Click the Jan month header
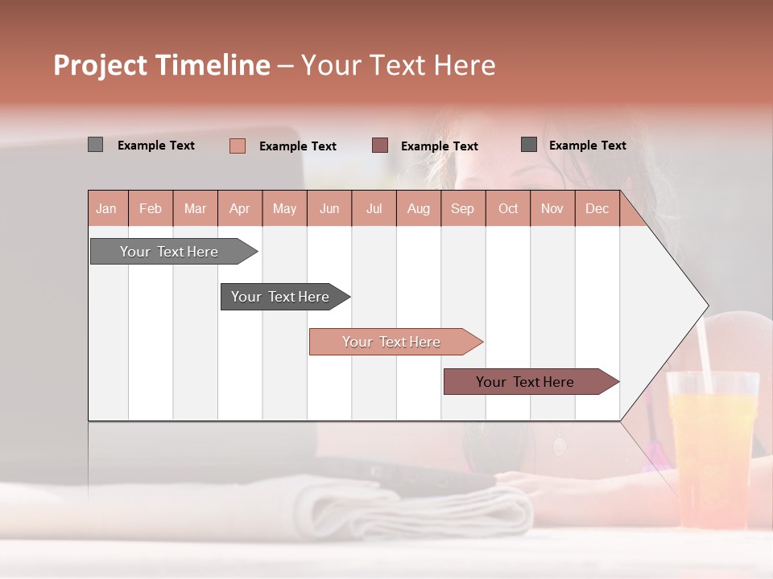[107, 208]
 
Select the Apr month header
[240, 208]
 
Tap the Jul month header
[374, 208]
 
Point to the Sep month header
[462, 208]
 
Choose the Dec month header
[597, 208]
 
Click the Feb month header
[151, 208]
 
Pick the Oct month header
[508, 208]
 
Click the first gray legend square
[95, 145]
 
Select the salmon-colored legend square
[237, 146]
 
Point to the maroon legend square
[380, 146]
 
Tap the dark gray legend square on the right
[529, 145]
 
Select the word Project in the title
[100, 65]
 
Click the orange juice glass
[712, 450]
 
